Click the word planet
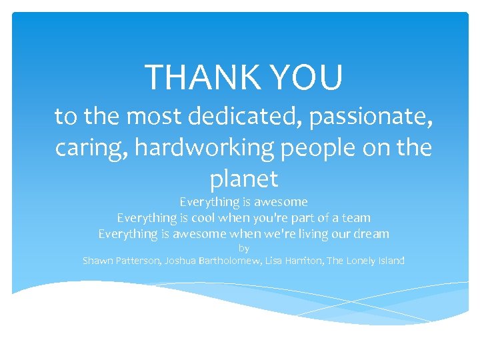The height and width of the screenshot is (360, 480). coord(243,179)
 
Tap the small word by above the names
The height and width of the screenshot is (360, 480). coord(244,248)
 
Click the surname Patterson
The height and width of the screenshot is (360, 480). coord(139,261)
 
